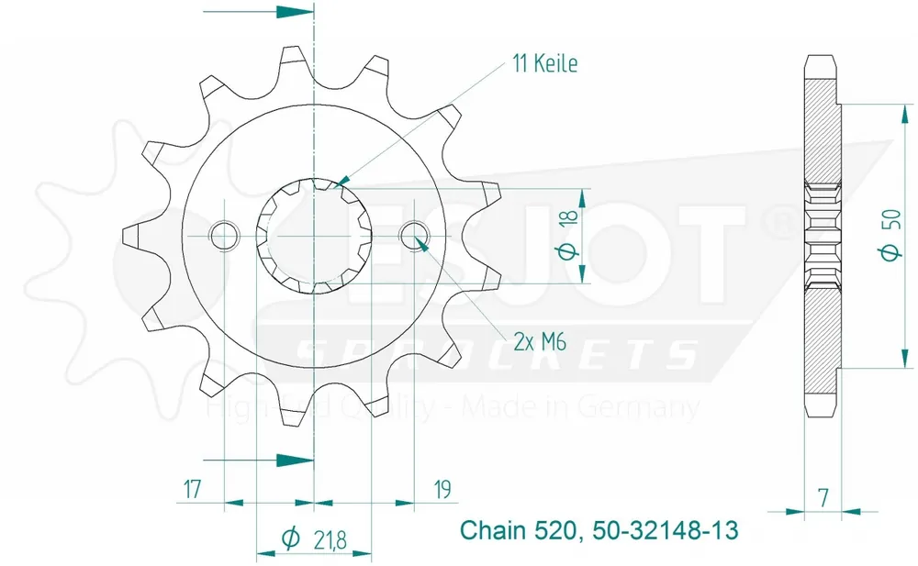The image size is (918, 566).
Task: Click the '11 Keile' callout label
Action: pyautogui.click(x=544, y=63)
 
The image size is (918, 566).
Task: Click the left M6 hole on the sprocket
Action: pyautogui.click(x=224, y=236)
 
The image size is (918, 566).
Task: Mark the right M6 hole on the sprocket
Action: pyautogui.click(x=414, y=236)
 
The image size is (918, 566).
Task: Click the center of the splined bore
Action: pyautogui.click(x=314, y=236)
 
